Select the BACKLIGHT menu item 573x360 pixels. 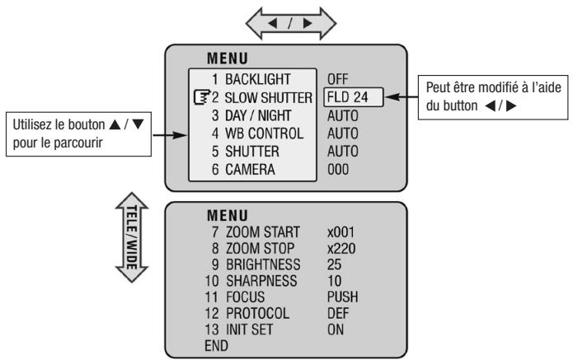244,79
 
